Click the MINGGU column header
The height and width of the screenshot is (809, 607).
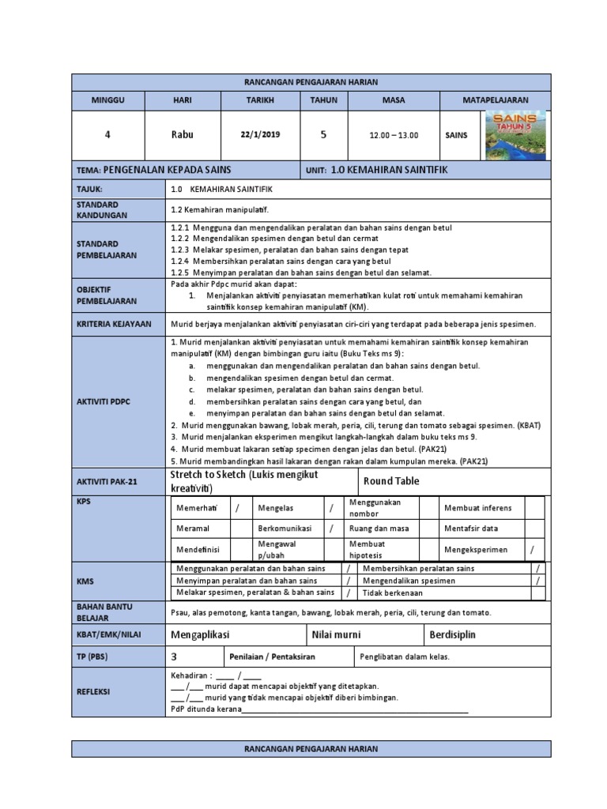coord(108,100)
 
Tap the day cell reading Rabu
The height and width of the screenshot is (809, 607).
coord(183,135)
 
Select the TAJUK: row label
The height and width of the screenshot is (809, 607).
coord(90,190)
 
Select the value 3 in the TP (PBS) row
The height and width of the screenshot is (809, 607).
coord(174,656)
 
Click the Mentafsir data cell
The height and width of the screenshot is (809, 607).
coord(471,528)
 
